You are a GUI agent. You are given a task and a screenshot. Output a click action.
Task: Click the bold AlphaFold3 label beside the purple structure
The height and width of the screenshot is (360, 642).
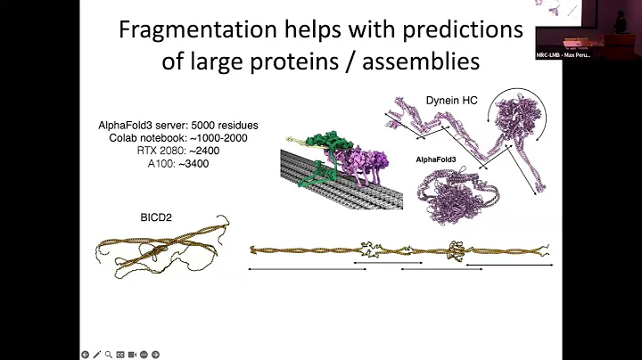coord(436,160)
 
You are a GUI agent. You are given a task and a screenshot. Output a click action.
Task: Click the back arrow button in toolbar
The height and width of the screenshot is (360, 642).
coord(85,354)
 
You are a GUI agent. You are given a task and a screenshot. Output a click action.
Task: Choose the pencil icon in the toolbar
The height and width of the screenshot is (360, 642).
coord(96,354)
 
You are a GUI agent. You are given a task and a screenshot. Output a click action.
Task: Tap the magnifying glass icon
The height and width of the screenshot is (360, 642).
coord(108,354)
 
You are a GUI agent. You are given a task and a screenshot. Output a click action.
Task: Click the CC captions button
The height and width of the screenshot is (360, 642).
coord(119,354)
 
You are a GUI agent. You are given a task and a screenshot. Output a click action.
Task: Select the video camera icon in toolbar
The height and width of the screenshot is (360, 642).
coord(131,354)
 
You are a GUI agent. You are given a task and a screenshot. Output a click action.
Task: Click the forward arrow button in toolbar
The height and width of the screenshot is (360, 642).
coord(154,354)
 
